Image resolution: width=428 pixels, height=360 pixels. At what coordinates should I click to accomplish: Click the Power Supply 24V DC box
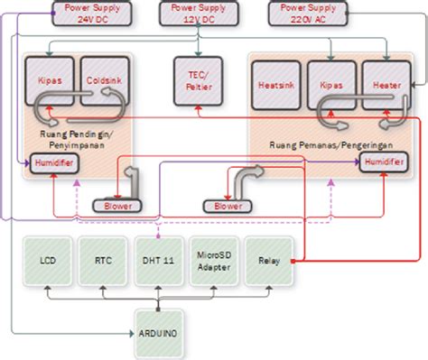point(89,13)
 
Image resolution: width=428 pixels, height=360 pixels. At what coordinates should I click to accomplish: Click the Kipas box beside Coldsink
point(49,78)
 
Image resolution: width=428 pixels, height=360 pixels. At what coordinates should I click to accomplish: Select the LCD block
point(47,260)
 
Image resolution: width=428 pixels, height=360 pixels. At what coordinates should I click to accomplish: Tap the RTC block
point(102,260)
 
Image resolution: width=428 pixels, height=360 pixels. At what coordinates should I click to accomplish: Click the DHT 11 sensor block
point(159,260)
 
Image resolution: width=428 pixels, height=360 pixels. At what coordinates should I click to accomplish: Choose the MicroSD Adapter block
point(213,260)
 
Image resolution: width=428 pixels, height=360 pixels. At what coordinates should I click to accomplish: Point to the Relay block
point(268,260)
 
